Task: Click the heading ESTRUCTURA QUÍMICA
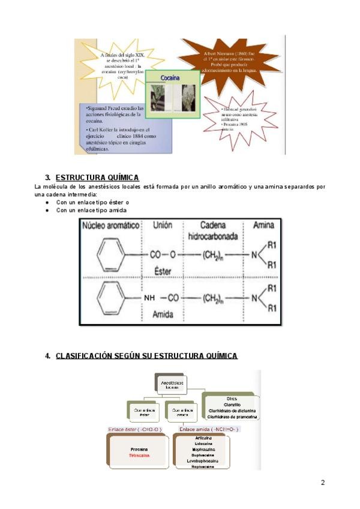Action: [97, 177]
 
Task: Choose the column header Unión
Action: [163, 225]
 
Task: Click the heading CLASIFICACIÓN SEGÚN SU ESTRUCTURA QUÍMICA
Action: [146, 356]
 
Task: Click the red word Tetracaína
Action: [138, 456]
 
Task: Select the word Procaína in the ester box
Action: [138, 448]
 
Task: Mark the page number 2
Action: [323, 483]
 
